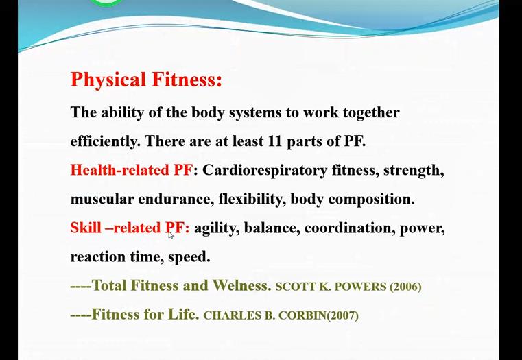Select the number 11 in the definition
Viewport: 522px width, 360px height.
(x=274, y=142)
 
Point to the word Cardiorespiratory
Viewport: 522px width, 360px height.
(x=265, y=171)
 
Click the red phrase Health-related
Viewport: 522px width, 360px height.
(x=120, y=170)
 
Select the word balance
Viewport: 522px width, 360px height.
(x=270, y=228)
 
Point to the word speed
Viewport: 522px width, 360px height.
(x=189, y=258)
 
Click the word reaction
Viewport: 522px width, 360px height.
(x=98, y=257)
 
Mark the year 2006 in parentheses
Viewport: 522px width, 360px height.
(x=405, y=287)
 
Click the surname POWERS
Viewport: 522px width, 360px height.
(x=360, y=287)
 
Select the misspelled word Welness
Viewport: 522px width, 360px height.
(x=241, y=285)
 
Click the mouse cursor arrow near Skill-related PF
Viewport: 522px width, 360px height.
(x=170, y=235)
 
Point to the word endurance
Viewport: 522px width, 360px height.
(x=176, y=200)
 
